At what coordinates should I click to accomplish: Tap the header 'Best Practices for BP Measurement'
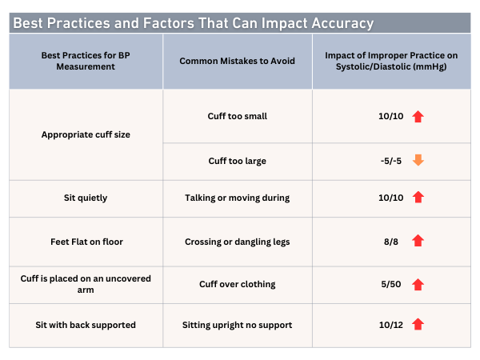pos(86,61)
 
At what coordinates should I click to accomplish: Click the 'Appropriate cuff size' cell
pos(86,134)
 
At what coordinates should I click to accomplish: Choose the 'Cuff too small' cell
pos(238,116)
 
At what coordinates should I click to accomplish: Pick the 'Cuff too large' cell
pos(238,161)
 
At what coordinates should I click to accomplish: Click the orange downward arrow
pos(418,161)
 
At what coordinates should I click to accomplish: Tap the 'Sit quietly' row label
pos(86,197)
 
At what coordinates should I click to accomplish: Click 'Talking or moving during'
pos(238,197)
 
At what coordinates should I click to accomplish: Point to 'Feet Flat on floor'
pos(86,241)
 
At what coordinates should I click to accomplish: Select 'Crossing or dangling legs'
pos(238,241)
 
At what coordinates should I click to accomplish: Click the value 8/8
pos(390,241)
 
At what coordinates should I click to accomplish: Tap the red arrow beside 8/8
pos(418,241)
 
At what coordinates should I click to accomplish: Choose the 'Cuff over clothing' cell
pos(238,284)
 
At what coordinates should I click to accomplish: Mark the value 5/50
pos(390,284)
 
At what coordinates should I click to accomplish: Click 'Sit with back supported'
pos(86,324)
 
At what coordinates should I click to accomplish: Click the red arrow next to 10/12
pos(418,324)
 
